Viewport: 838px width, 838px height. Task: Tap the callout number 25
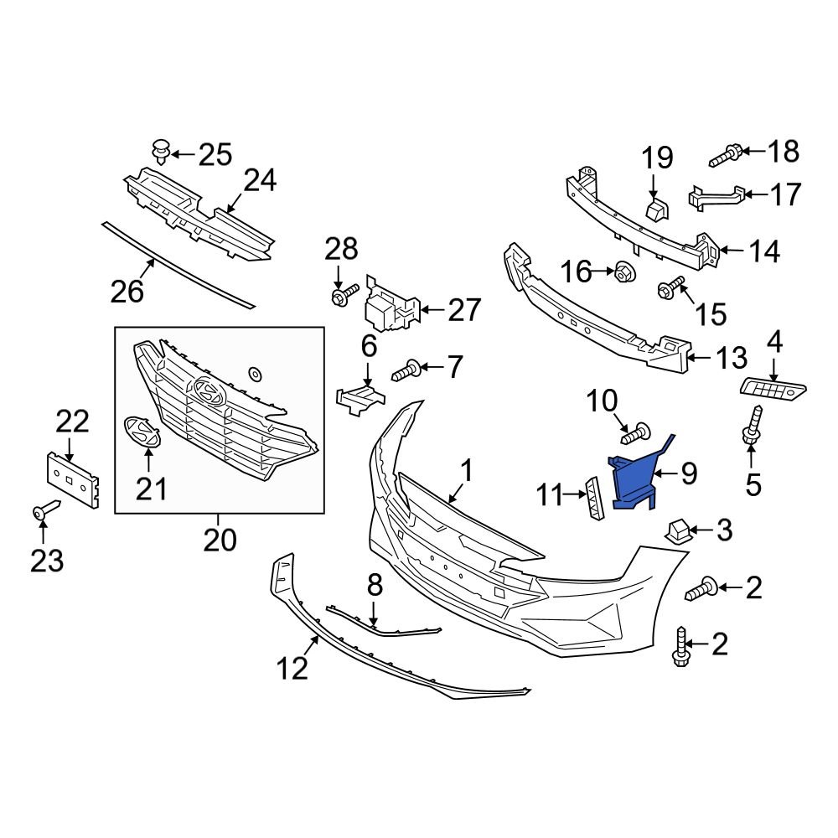(214, 154)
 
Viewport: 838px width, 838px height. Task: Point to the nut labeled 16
(622, 272)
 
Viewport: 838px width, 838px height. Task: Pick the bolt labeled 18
(726, 154)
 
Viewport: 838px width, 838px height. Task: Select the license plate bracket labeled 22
(72, 480)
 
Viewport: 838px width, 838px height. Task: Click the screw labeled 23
(45, 510)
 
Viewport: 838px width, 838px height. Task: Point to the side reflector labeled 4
(773, 387)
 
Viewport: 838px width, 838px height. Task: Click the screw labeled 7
(406, 368)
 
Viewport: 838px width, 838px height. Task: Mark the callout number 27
(464, 310)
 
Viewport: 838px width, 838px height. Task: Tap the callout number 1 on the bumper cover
(466, 471)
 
